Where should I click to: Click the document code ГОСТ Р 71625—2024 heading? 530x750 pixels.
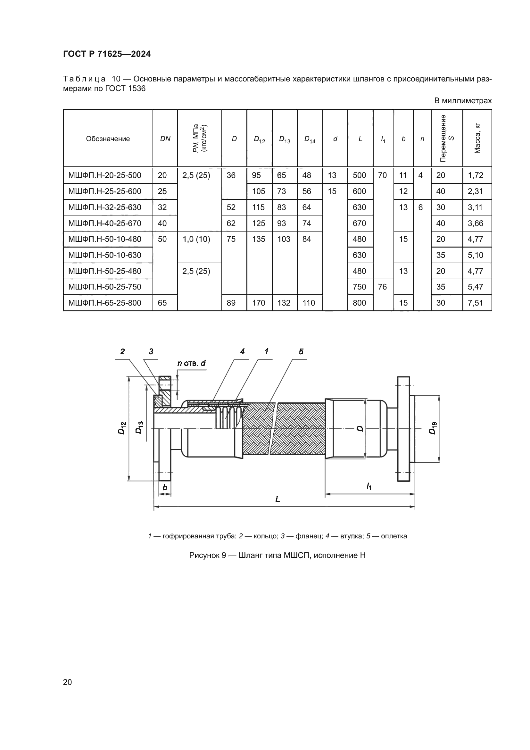tap(107, 54)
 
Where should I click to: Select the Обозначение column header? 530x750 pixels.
tap(108, 139)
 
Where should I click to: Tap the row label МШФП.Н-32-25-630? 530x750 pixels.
tap(105, 207)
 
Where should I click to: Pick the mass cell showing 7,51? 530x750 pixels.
tap(476, 303)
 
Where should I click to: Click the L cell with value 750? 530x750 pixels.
tap(359, 287)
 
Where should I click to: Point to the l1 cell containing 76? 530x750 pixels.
tap(382, 287)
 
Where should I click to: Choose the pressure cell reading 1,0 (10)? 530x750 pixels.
tap(196, 239)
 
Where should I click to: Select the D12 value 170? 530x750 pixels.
tap(259, 303)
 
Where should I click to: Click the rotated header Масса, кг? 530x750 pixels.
tap(477, 139)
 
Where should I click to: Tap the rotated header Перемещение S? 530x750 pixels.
tap(447, 139)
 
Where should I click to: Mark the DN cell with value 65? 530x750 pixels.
tap(162, 303)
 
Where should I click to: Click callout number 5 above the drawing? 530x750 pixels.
tap(301, 351)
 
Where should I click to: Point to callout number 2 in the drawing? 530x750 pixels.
tap(122, 351)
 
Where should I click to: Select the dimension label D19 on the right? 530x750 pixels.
tap(432, 428)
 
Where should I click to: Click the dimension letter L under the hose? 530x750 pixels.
tap(278, 499)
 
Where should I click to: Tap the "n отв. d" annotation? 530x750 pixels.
tap(191, 363)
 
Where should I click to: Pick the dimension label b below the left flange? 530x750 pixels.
tap(165, 488)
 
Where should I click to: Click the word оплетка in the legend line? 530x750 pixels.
tap(394, 536)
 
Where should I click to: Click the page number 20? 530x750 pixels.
tap(68, 682)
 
